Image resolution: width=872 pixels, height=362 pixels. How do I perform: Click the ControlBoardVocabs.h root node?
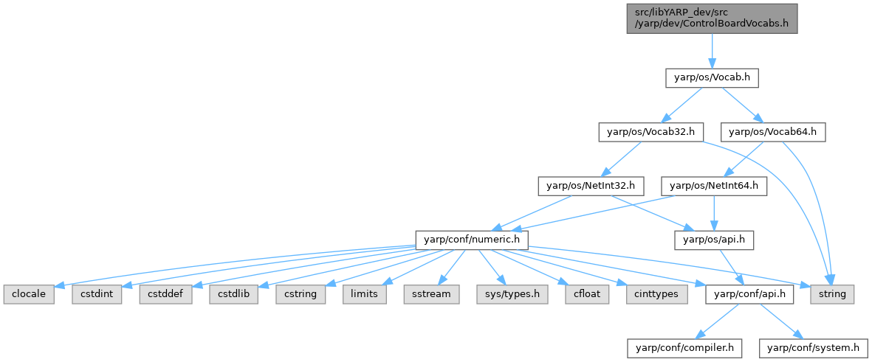click(711, 18)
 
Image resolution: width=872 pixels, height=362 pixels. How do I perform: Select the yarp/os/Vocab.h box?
click(712, 77)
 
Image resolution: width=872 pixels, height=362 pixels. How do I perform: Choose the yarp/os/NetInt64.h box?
click(714, 186)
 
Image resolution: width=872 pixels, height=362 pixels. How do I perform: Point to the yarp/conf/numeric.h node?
click(472, 240)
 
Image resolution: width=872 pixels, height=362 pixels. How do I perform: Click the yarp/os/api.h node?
click(714, 240)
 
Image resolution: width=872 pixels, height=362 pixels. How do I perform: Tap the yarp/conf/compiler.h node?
click(684, 347)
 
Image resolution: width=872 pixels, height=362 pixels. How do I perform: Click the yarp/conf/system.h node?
click(814, 347)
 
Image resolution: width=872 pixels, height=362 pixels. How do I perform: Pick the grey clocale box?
click(24, 293)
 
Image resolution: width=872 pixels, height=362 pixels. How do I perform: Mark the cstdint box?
click(92, 293)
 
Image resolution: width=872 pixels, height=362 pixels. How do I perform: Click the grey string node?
click(832, 293)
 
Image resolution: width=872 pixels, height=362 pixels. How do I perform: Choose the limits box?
click(364, 293)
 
